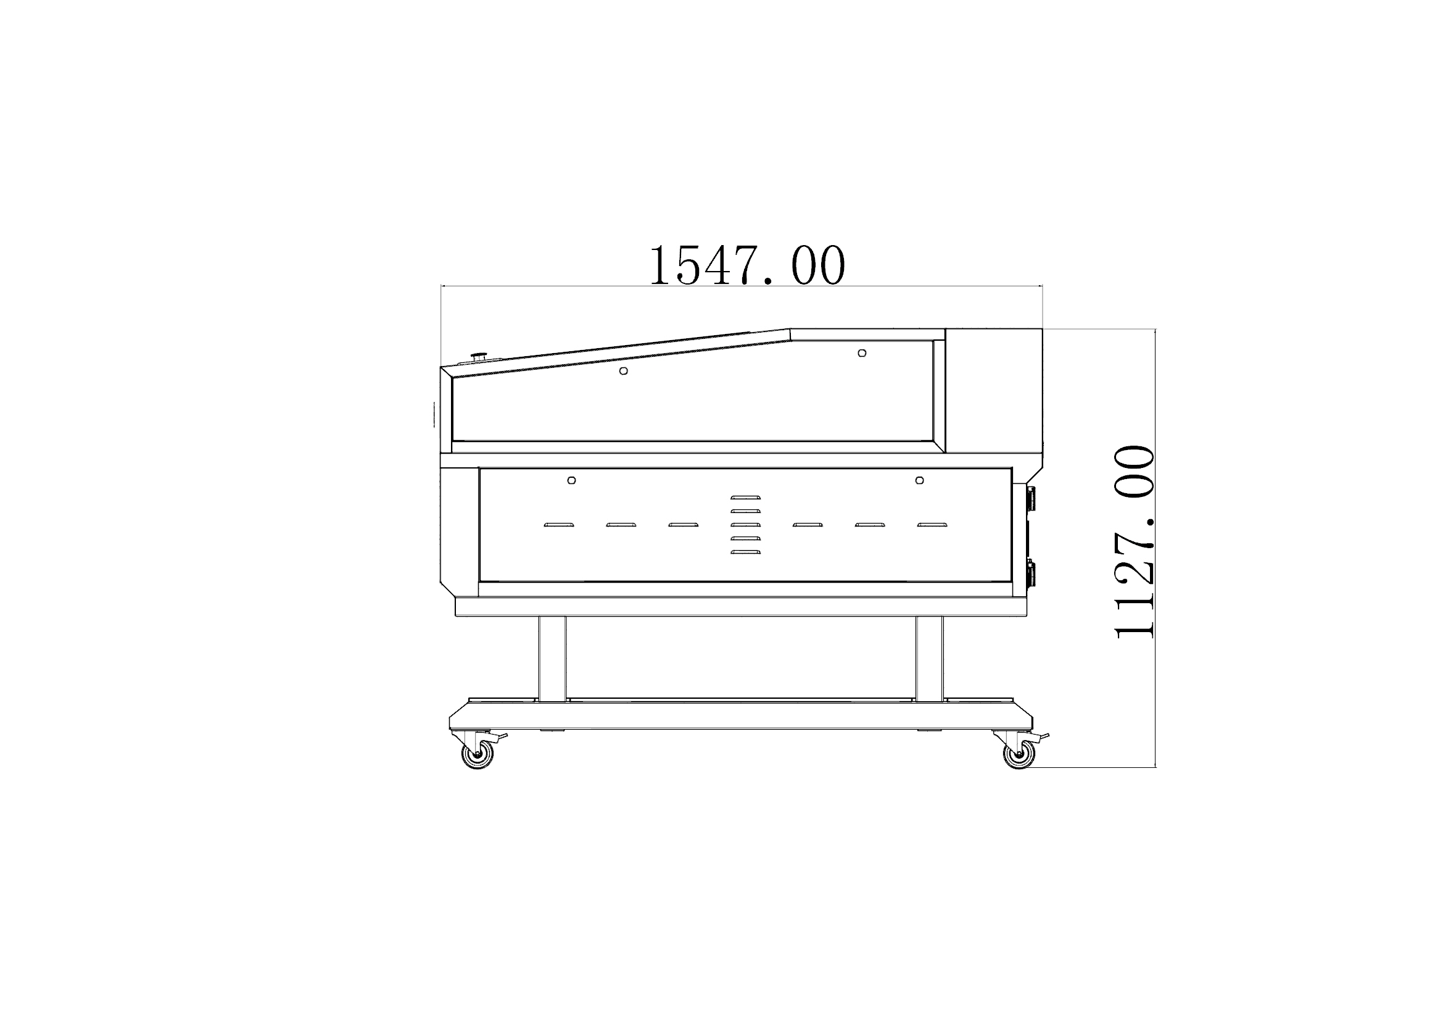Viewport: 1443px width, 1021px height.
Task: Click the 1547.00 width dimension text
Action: point(746,266)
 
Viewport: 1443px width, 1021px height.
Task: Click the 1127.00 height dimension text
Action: point(1135,542)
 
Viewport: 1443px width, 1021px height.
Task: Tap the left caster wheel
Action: point(478,754)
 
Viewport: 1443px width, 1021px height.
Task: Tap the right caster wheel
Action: point(1019,754)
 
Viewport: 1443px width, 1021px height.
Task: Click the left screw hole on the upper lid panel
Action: point(624,371)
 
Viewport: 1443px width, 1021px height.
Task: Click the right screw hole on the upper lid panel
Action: point(862,353)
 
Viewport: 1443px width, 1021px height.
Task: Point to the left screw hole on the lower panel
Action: point(571,480)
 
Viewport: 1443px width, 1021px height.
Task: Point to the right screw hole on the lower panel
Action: point(919,480)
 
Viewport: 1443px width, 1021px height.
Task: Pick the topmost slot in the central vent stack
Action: point(745,498)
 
